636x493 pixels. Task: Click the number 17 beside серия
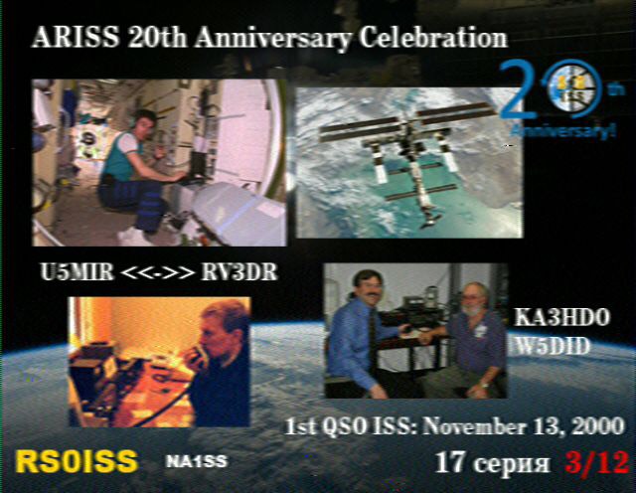pos(449,462)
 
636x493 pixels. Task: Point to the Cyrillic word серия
pos(511,464)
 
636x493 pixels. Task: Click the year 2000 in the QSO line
pos(596,426)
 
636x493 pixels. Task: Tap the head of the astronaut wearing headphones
pos(142,125)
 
